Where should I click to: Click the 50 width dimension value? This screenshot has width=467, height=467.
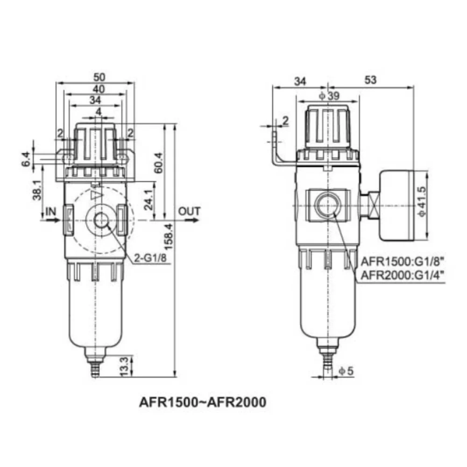pos(99,77)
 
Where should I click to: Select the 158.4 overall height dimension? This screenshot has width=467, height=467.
pos(168,237)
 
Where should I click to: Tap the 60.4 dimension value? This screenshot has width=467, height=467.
pos(158,163)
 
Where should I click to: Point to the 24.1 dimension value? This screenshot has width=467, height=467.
pos(149,199)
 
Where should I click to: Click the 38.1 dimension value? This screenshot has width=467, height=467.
pos(37,190)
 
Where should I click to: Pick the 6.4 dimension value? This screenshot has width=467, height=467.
pos(26,159)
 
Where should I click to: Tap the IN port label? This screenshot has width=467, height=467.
pos(50,212)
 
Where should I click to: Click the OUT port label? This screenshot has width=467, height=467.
pos(189,211)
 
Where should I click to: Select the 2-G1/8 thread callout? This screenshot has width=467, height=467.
pos(150,258)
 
